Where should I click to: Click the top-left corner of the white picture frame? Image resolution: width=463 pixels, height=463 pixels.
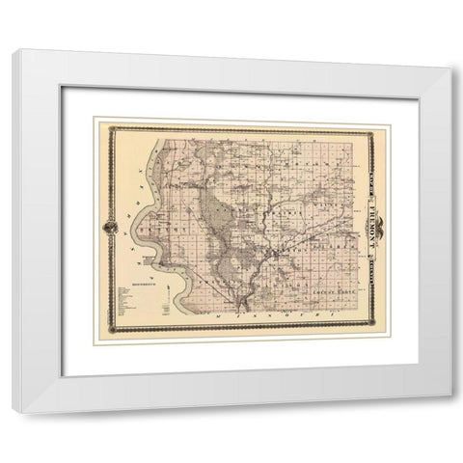(14, 50)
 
